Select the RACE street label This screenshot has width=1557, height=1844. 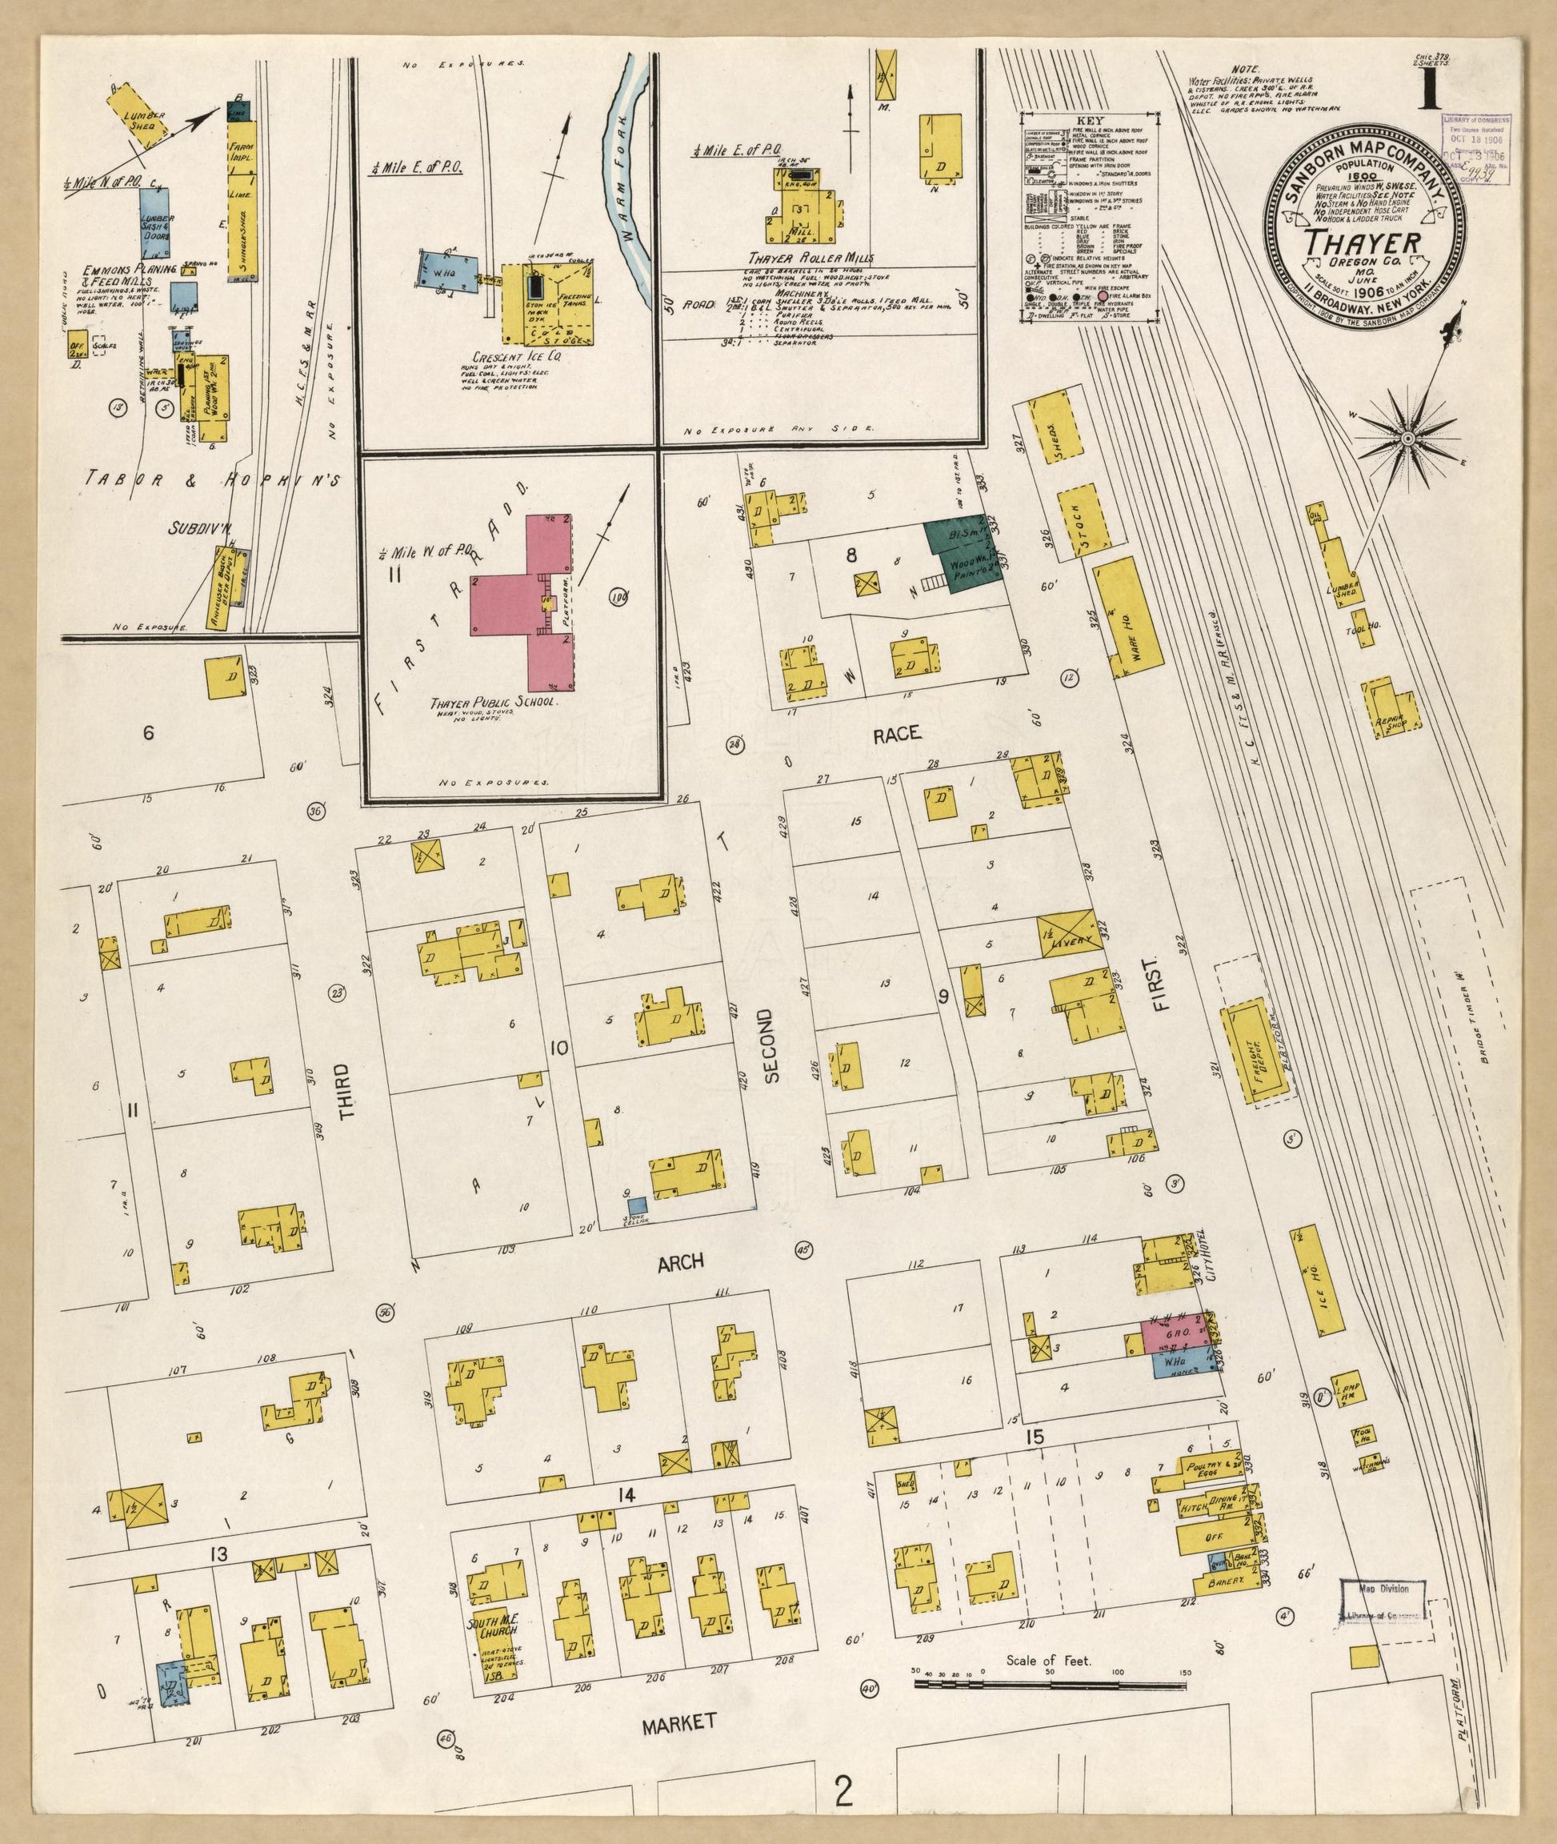click(898, 732)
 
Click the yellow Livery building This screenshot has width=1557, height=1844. click(1071, 934)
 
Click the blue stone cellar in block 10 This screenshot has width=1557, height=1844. click(636, 1204)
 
